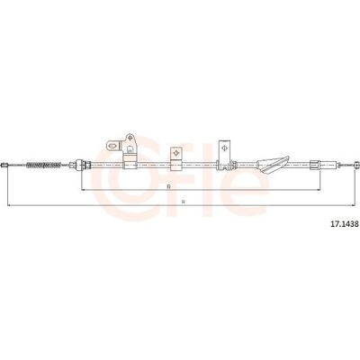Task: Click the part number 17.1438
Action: pos(344,224)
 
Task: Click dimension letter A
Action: pos(183,202)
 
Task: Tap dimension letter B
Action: pos(169,186)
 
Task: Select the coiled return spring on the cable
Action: pos(44,165)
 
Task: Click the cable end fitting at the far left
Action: pos(4,165)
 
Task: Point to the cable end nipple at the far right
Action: pos(356,165)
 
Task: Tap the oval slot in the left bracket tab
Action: pos(112,146)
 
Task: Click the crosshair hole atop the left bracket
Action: pos(130,138)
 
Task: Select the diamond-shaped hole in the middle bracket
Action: pos(176,153)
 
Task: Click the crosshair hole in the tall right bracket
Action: pos(224,148)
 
